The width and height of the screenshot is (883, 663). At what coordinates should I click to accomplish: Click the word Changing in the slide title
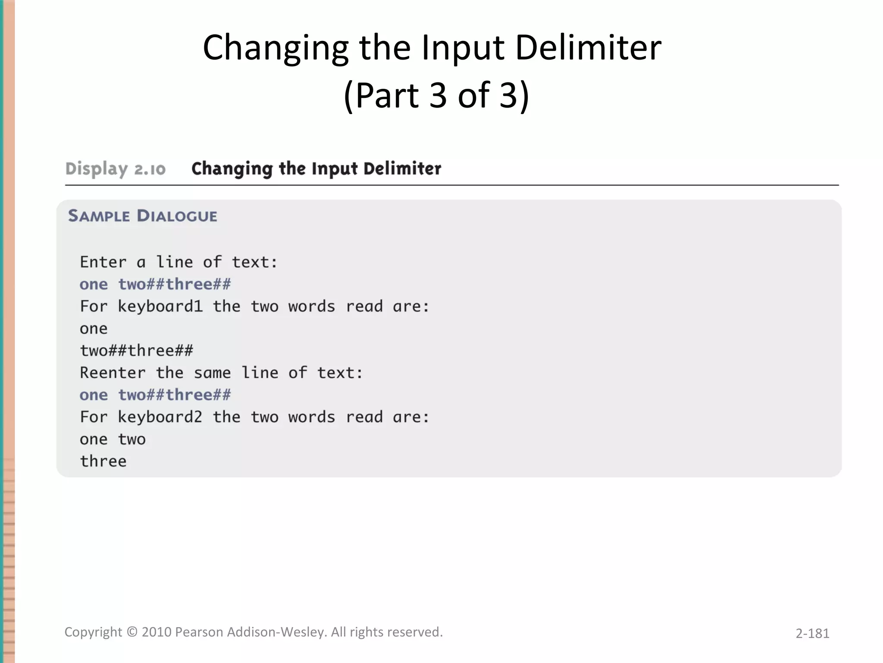276,48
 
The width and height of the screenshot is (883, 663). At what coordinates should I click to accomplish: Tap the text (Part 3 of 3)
436,95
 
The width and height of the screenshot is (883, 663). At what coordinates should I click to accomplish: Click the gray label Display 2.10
115,169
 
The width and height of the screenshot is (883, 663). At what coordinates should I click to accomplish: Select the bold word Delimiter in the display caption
402,168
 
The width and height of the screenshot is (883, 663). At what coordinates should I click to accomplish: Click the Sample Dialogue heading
143,216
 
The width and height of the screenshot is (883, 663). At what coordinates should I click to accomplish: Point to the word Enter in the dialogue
103,262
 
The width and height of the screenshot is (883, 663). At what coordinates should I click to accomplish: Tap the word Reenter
113,373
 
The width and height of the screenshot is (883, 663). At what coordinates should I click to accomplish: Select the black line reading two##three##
136,350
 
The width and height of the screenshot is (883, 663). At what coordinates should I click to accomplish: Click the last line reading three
103,461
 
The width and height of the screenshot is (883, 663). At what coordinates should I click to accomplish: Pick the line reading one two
113,439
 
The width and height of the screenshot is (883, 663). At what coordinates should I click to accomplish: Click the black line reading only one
94,329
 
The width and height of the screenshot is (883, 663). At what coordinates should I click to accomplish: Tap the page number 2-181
812,633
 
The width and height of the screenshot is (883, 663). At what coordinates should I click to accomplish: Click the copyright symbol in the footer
132,632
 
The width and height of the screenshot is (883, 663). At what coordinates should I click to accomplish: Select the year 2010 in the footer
157,632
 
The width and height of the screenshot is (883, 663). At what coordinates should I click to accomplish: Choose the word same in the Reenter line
212,373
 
